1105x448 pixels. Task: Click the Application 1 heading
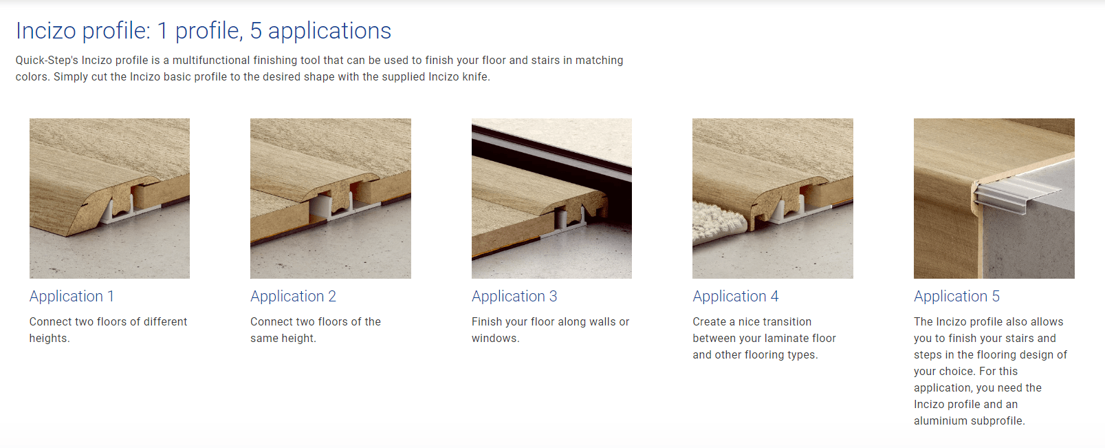point(72,296)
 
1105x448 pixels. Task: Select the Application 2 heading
point(293,296)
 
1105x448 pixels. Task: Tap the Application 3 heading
point(514,296)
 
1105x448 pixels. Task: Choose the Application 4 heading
point(736,296)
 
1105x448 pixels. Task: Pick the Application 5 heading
point(956,296)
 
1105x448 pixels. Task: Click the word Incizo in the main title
point(46,31)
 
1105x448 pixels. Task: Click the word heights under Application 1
point(50,339)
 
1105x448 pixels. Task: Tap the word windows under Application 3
point(495,339)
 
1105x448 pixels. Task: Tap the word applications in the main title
point(329,32)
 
